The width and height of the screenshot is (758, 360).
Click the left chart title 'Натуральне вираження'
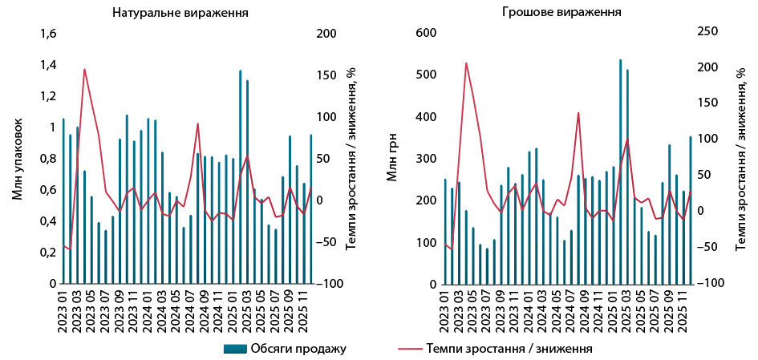(179, 13)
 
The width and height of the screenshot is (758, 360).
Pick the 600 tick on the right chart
(425, 34)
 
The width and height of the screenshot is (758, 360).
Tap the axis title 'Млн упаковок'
(17, 159)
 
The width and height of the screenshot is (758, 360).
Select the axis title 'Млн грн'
(392, 159)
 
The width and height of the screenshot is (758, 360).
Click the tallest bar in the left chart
(240, 176)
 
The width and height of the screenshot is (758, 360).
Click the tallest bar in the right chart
(620, 172)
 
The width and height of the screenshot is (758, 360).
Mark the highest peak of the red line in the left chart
(84, 69)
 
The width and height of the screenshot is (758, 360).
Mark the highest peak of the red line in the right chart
(466, 63)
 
